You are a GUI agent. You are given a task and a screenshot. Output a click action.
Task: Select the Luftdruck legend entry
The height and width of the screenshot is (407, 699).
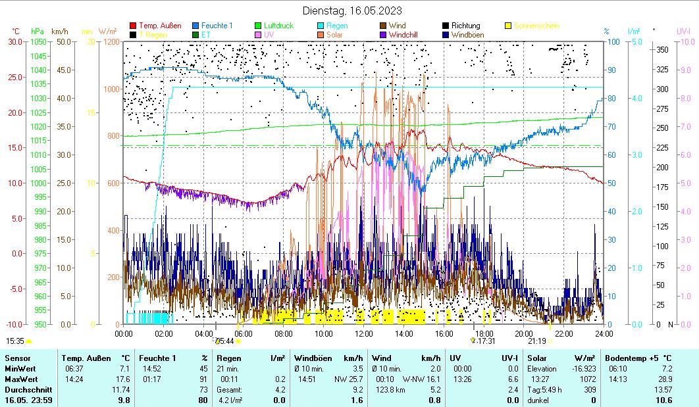pos(278,26)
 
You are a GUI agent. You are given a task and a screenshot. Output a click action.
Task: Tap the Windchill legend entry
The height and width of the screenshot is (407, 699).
pos(408,34)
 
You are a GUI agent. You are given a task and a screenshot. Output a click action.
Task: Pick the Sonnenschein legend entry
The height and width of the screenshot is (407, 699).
pos(536,26)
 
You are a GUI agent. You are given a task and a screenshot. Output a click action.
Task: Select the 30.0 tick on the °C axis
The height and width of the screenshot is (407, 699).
pos(15,41)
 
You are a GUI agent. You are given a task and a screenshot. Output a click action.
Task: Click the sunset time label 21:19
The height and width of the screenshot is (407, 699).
pos(537,341)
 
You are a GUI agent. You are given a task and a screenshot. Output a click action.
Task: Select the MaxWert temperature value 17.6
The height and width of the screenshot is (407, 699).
pos(124,379)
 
